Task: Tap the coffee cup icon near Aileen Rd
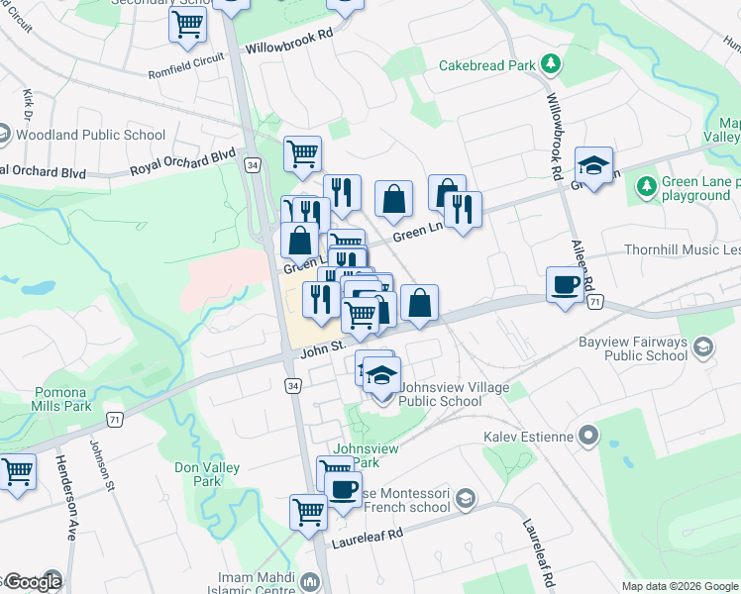(566, 285)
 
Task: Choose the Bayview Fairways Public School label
(632, 348)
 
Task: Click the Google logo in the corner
(32, 582)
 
